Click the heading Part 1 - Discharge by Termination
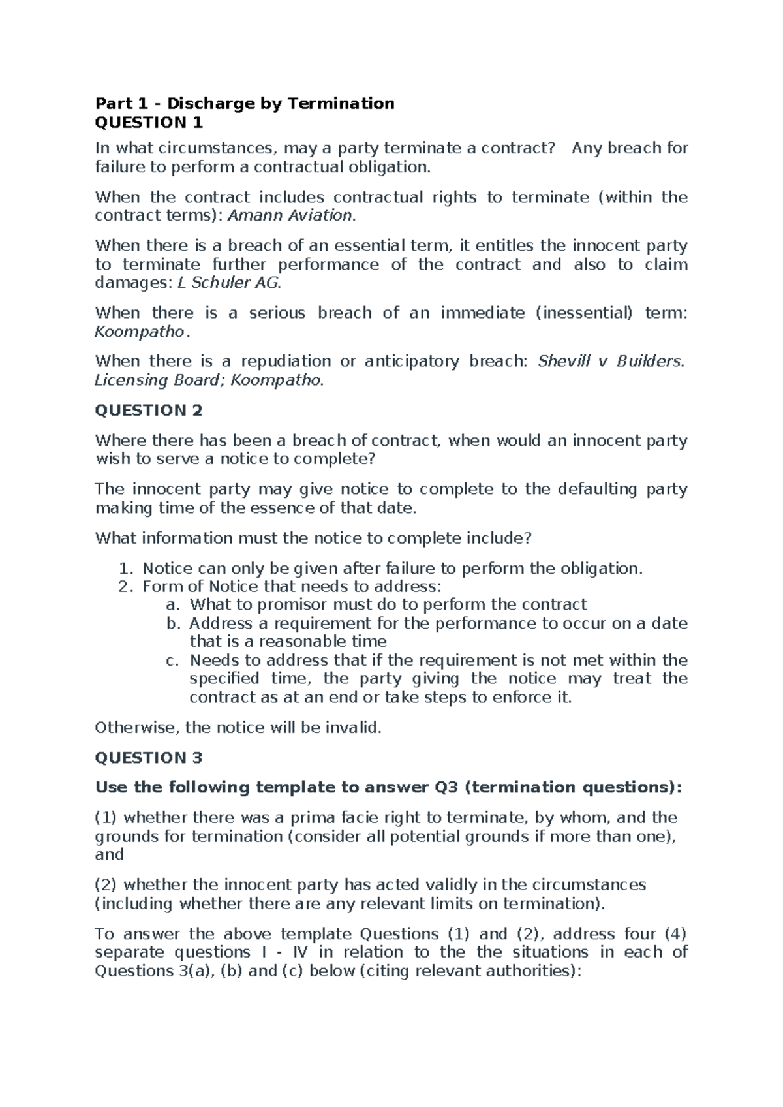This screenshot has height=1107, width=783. (245, 103)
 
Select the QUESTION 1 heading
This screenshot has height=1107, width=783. (149, 122)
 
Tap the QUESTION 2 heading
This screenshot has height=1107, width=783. (149, 410)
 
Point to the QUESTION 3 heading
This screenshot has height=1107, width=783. (149, 757)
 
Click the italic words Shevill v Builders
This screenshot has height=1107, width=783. (609, 361)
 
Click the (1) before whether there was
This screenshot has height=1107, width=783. (106, 817)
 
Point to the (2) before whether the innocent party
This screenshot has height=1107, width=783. (106, 884)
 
